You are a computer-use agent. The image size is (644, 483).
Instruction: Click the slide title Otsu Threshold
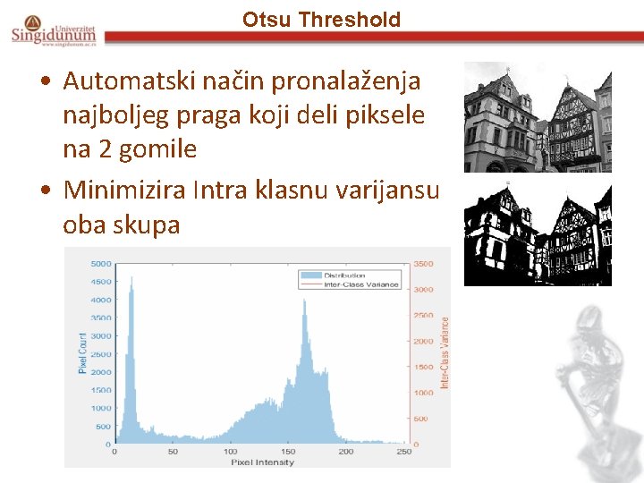click(x=321, y=19)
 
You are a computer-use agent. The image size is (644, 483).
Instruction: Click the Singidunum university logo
click(x=54, y=30)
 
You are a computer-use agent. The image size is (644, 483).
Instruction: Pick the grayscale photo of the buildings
click(x=538, y=117)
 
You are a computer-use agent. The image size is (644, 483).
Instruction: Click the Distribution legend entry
click(x=344, y=275)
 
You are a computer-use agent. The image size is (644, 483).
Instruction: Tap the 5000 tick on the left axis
click(x=101, y=264)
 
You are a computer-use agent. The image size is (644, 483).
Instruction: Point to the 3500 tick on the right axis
click(x=424, y=264)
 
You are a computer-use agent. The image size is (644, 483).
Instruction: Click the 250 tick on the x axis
click(x=403, y=452)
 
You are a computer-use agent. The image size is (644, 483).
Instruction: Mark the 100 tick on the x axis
click(x=230, y=452)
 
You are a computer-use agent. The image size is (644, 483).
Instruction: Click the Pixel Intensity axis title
click(x=262, y=462)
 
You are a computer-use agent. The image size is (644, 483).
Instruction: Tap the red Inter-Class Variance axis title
click(x=445, y=353)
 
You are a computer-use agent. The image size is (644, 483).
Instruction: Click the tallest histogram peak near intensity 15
click(x=131, y=279)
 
